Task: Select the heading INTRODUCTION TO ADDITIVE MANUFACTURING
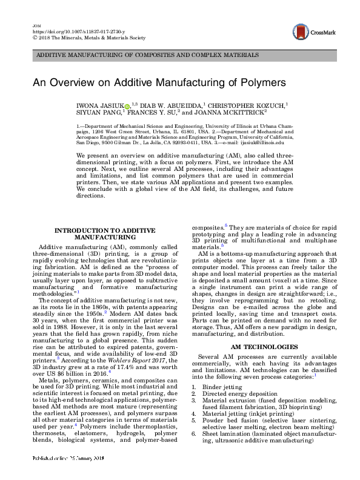pyautogui.click(x=105, y=234)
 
